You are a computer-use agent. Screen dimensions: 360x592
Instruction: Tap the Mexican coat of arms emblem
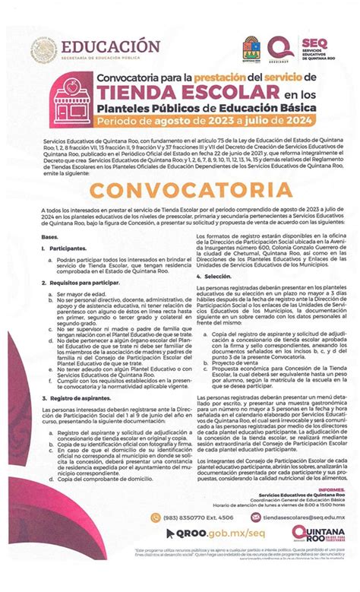pos(45,51)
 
